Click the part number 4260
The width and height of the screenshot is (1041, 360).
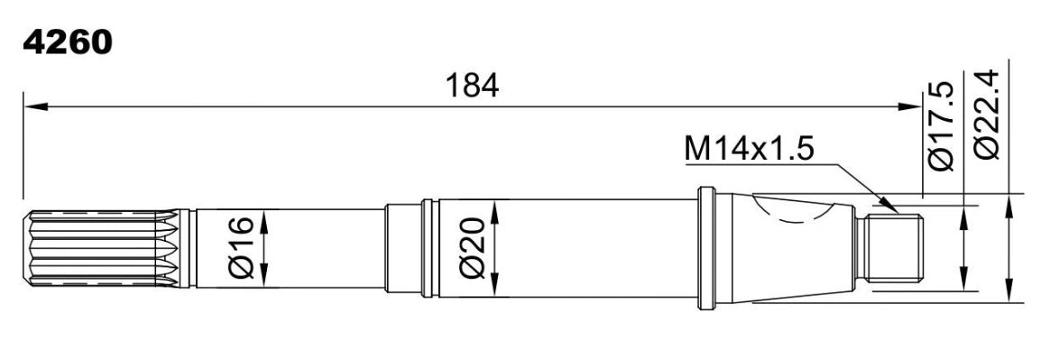67,43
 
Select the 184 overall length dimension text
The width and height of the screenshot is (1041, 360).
472,86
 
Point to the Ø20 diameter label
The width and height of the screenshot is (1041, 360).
473,248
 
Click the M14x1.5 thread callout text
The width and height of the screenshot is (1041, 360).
750,150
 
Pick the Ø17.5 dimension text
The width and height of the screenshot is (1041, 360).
940,126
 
